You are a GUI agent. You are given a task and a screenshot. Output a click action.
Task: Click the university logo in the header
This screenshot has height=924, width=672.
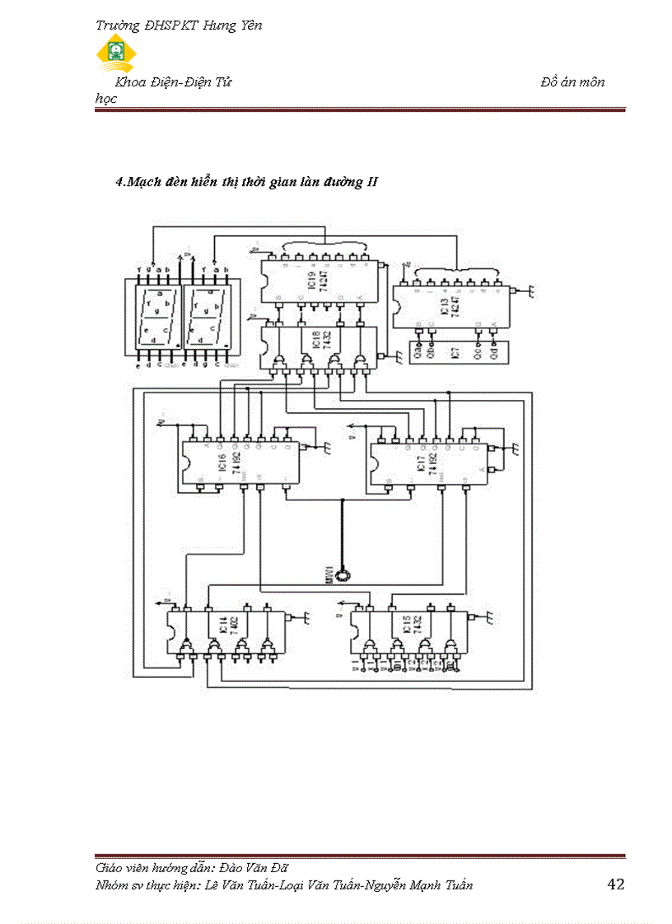tap(117, 53)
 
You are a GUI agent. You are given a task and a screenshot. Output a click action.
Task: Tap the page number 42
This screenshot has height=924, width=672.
tap(615, 884)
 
